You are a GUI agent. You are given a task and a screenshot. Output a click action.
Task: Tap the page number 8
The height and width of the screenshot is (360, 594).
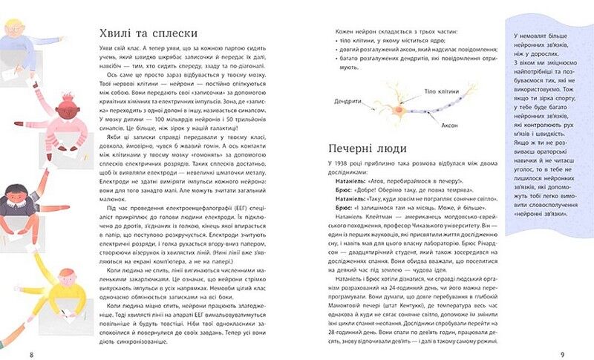(30, 353)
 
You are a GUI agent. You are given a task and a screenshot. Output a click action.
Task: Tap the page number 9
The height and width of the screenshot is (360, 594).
(562, 353)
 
